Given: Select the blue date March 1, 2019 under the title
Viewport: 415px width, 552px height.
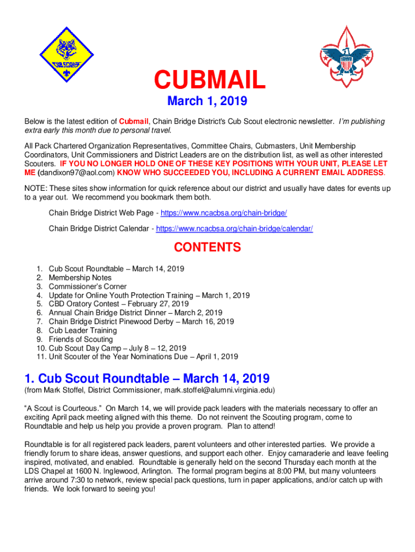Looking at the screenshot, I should [207, 101].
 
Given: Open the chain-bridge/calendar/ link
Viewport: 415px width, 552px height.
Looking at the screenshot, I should [234, 229].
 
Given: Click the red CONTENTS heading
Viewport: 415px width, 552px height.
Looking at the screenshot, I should [207, 248].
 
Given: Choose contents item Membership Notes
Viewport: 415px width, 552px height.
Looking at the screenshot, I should [80, 278].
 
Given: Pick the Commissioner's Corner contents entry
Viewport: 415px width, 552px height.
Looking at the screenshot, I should [88, 287].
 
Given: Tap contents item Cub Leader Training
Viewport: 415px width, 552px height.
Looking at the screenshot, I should [82, 330].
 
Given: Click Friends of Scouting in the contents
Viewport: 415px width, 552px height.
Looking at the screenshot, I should [81, 339].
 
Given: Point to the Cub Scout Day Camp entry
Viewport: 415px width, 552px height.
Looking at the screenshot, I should [117, 348].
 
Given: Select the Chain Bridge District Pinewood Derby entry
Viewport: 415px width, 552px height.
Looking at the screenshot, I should [141, 322].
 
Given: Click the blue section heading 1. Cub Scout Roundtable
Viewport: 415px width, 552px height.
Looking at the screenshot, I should [147, 378].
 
